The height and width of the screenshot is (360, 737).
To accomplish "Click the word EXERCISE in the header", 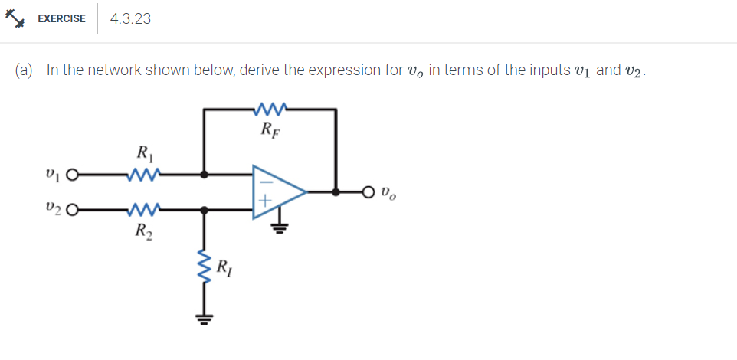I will (61, 18).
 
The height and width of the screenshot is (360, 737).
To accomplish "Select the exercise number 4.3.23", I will (130, 18).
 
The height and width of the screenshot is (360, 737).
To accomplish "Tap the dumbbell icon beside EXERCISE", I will (17, 18).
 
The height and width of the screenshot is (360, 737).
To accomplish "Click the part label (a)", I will (25, 70).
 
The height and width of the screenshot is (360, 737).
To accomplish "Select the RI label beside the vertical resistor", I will (224, 267).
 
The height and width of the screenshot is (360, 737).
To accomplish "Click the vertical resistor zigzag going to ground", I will (203, 268).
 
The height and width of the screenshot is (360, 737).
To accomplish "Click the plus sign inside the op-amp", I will (265, 203).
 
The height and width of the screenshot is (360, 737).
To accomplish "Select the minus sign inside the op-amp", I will (265, 181).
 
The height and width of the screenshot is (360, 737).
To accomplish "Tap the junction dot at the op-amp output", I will (336, 191).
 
